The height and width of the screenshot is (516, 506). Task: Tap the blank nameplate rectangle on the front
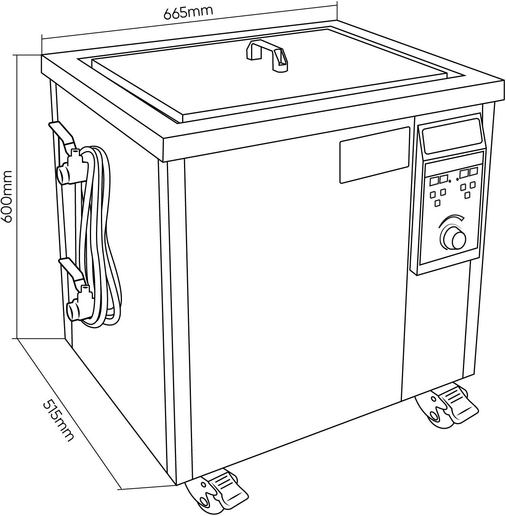coord(374,154)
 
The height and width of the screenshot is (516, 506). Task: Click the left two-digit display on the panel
coord(438,179)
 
